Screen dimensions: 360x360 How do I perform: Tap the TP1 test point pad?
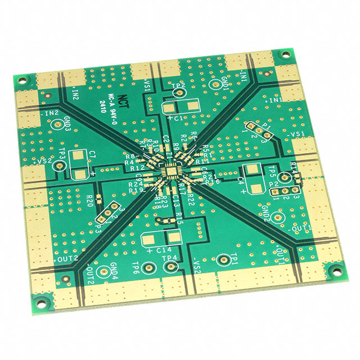pyautogui.click(x=224, y=259)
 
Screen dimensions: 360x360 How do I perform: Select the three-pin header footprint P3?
pyautogui.click(x=107, y=213)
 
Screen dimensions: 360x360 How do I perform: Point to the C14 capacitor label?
pyautogui.click(x=163, y=249)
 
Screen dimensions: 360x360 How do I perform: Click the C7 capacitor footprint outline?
pyautogui.click(x=83, y=165)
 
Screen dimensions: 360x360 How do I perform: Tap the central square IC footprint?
pyautogui.click(x=169, y=169)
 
